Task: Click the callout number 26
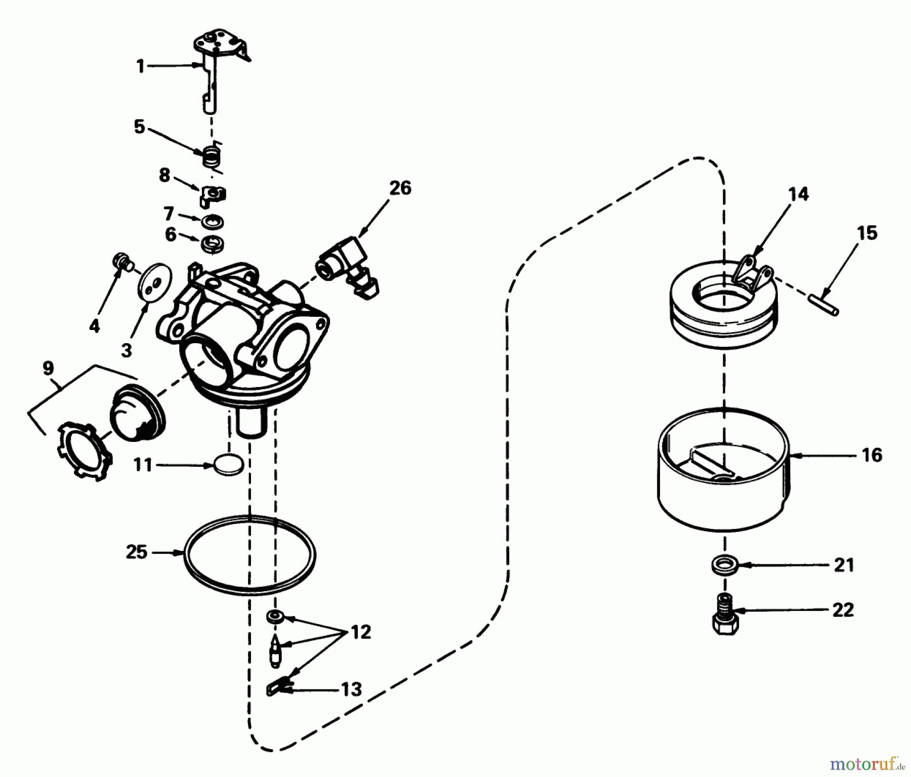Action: tap(400, 188)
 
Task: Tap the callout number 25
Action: tap(137, 552)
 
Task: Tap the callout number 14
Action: tap(799, 194)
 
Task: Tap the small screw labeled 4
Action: tap(121, 262)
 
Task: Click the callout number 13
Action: tap(351, 689)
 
